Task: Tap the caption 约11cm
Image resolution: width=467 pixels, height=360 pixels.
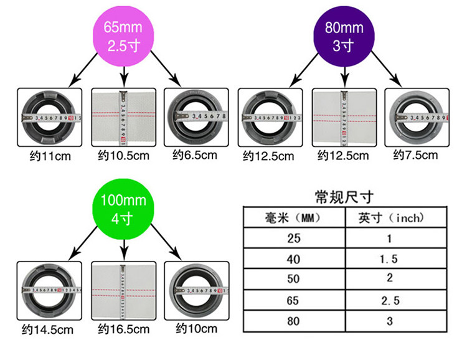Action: (47, 155)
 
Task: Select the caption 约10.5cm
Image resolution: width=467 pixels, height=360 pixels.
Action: (124, 155)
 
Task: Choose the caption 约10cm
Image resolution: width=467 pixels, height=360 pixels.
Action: (196, 328)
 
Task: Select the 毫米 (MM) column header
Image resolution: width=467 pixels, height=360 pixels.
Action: (293, 218)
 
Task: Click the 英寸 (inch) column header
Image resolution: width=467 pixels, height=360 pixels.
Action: (390, 218)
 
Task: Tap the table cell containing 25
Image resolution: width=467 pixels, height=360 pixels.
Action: (293, 239)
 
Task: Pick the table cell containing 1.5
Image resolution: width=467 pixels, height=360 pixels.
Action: (390, 259)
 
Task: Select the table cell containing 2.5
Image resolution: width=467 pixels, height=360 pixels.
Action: (390, 300)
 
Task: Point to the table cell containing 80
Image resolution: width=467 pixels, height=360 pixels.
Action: (293, 321)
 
